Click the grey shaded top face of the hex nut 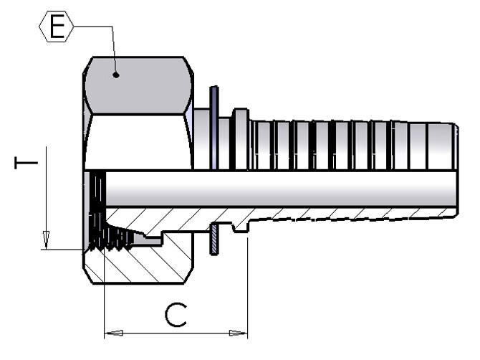pos(136,86)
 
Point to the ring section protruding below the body pos(213,240)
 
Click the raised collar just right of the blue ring pos(240,140)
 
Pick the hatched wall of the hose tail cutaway pos(344,213)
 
